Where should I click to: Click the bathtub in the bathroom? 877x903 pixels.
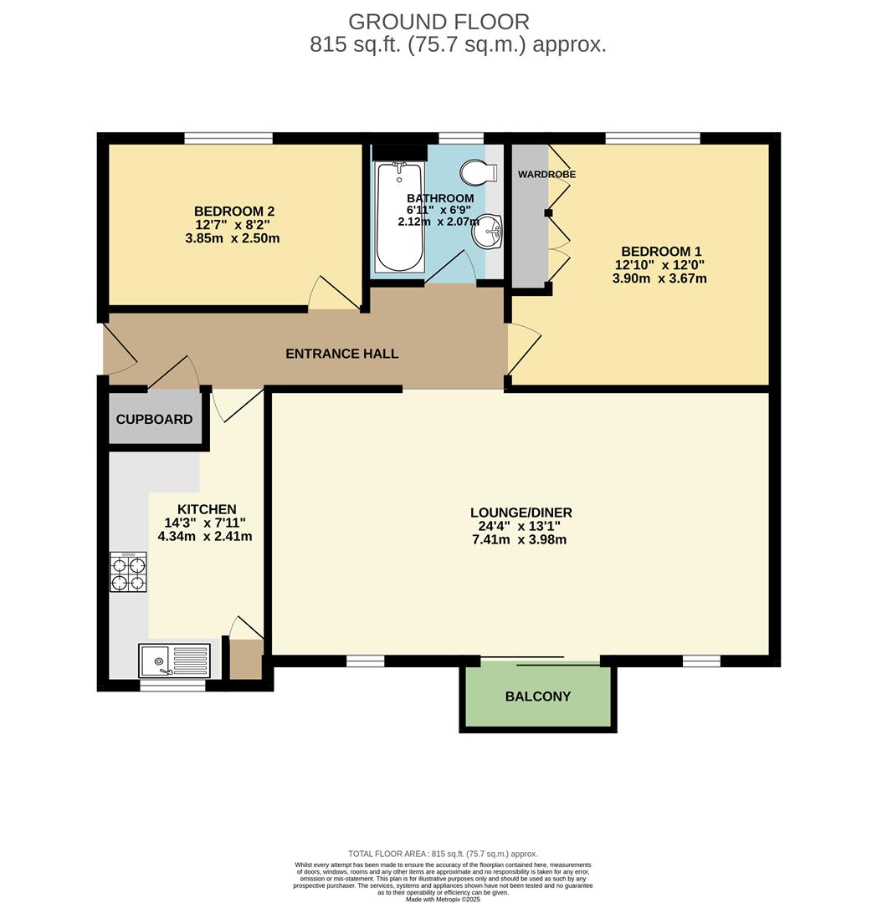tap(398, 217)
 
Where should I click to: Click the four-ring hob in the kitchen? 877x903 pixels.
tap(128, 572)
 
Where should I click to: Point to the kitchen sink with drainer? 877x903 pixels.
tap(174, 661)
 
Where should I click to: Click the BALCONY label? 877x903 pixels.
tap(538, 696)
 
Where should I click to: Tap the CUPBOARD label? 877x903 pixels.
tap(154, 419)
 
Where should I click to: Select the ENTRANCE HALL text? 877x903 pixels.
tap(341, 354)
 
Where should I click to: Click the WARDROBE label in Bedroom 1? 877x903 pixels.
tap(546, 174)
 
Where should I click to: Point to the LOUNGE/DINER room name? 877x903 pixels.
tap(521, 513)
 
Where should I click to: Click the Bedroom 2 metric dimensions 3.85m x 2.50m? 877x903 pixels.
tap(232, 238)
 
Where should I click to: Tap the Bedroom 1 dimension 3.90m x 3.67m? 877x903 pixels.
tap(659, 278)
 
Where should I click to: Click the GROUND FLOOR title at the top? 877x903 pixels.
tap(438, 22)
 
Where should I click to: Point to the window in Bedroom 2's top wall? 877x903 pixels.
tap(228, 138)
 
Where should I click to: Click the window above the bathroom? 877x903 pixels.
tap(461, 138)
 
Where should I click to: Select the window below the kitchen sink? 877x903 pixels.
tap(172, 686)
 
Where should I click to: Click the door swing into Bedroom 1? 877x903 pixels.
tap(523, 349)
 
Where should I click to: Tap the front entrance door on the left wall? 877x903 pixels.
tap(119, 351)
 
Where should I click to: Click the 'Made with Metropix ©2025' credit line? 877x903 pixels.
tap(443, 899)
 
